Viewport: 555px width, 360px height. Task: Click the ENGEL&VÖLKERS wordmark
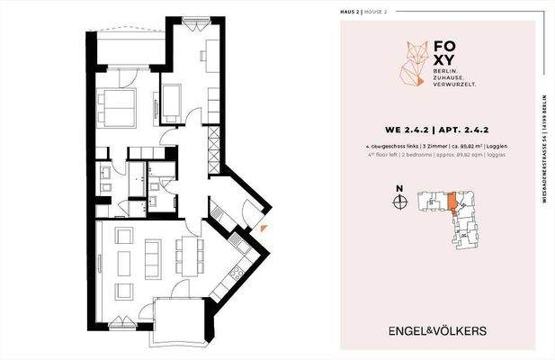click(437, 330)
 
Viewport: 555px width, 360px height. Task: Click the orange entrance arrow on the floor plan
click(261, 229)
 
